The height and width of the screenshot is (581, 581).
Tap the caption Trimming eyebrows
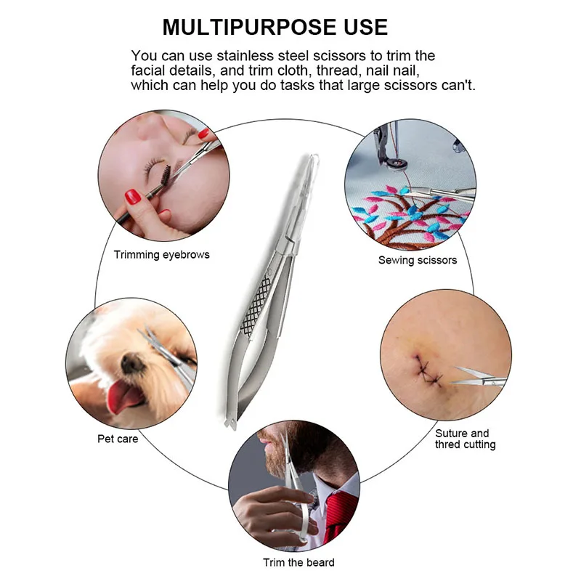161,255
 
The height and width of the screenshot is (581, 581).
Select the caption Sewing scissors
417,259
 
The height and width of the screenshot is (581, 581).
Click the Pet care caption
118,439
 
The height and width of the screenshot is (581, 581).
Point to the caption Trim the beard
298,562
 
